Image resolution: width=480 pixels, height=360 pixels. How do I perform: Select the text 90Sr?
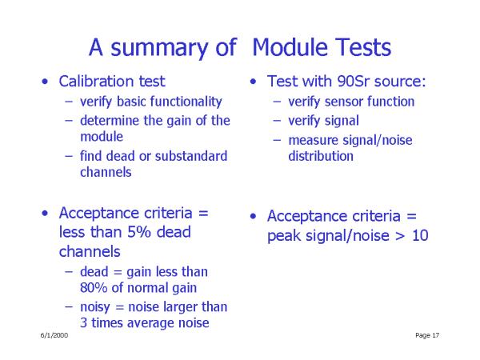point(353,82)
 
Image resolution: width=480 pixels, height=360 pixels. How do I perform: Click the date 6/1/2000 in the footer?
point(54,335)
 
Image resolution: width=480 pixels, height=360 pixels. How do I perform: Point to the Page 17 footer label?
point(427,335)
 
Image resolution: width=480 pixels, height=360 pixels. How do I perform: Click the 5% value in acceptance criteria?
point(139,232)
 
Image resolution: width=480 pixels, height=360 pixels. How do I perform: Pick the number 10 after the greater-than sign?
point(420,236)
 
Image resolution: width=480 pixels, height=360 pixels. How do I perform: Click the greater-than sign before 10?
point(400,236)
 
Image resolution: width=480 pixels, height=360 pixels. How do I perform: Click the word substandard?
point(191,156)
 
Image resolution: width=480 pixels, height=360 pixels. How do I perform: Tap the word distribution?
point(321,156)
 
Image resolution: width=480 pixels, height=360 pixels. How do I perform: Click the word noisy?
point(95,307)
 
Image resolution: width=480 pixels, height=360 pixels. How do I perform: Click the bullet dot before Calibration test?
point(45,82)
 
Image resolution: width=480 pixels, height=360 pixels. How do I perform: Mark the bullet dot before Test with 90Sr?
point(253,82)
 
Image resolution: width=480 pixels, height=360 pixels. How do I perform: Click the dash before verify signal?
point(277,121)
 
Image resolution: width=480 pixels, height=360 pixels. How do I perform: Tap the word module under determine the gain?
point(102,137)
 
